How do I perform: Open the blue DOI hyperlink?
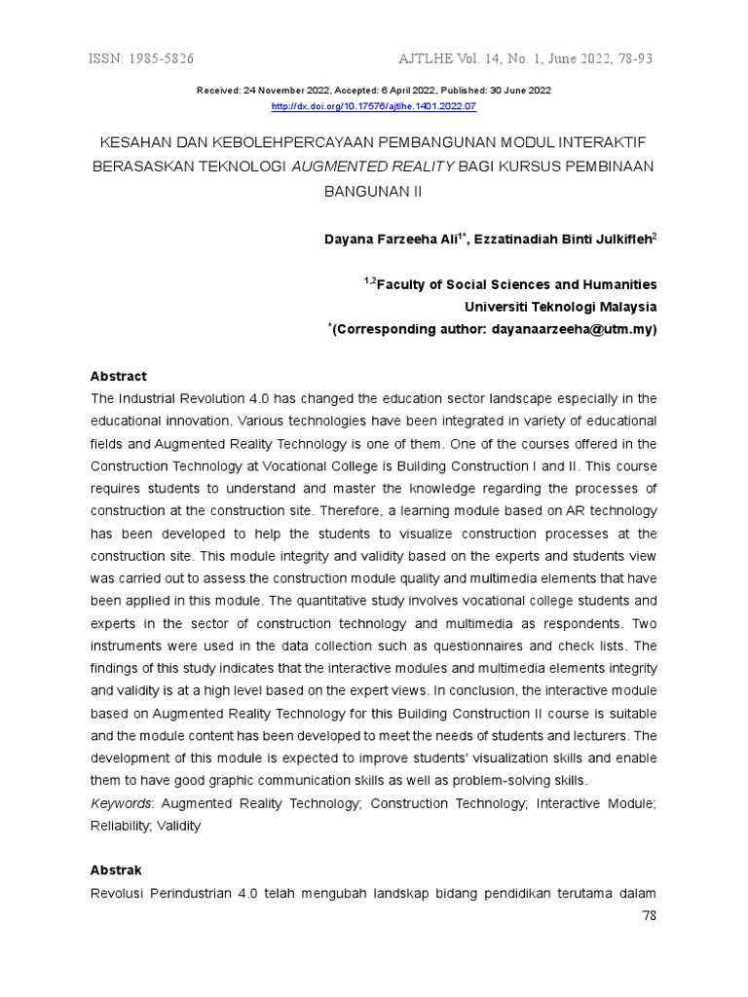tap(373, 105)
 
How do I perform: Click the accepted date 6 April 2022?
tap(396, 91)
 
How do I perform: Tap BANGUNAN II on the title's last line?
tap(373, 191)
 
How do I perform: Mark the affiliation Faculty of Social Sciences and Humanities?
tap(515, 285)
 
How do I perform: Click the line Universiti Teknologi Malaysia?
tap(560, 307)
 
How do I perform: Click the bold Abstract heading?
tap(118, 376)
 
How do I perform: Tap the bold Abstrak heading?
tap(116, 870)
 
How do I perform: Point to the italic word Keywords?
tap(122, 803)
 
